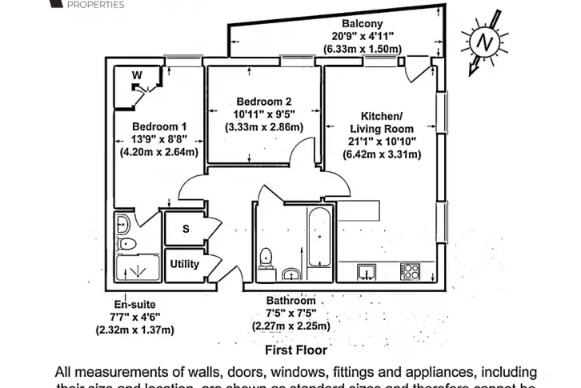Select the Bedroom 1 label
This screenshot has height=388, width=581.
(x=159, y=126)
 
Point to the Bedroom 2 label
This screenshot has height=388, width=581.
(x=263, y=102)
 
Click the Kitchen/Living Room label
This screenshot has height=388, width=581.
(x=381, y=122)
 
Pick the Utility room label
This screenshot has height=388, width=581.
(x=184, y=264)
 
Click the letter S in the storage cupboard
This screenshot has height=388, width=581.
(x=186, y=229)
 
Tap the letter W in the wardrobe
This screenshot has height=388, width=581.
(x=137, y=75)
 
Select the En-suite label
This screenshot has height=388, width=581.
(x=134, y=304)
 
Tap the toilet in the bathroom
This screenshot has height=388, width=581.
(x=268, y=258)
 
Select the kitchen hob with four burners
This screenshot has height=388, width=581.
(x=410, y=271)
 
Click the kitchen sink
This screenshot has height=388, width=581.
(x=367, y=271)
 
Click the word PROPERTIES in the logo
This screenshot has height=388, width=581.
(x=96, y=5)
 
